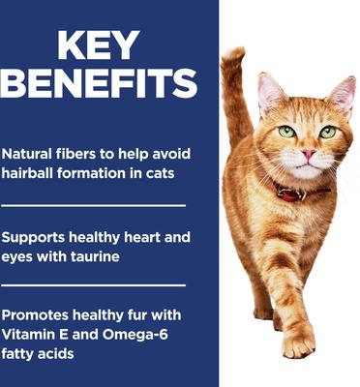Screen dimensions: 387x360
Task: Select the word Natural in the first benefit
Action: (x=29, y=155)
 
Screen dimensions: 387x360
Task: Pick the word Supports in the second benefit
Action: (x=37, y=237)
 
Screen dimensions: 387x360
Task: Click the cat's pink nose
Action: (x=308, y=153)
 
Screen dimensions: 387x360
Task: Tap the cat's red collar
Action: (x=290, y=192)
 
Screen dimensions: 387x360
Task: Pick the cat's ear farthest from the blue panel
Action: (x=343, y=94)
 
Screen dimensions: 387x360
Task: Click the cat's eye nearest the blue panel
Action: (x=287, y=131)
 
